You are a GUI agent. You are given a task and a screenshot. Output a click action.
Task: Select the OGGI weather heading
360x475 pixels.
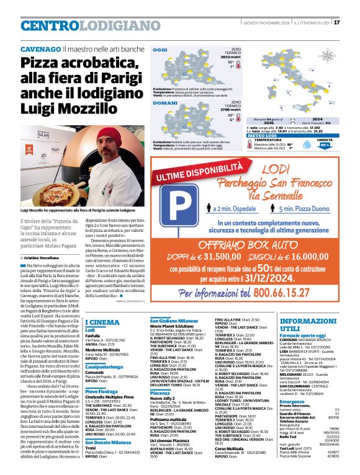click(160, 49)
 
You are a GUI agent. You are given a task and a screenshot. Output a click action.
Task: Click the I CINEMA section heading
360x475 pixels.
click(102, 322)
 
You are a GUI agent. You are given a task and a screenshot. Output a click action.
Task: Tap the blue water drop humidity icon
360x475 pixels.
click(321, 146)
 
